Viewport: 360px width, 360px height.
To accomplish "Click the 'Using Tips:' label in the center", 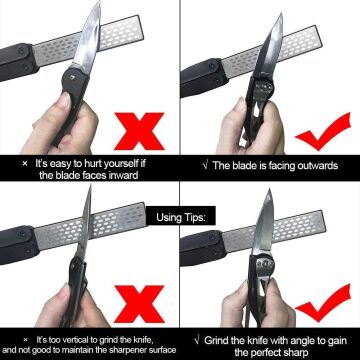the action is pyautogui.click(x=182, y=218).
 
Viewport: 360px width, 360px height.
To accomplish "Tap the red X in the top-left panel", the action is pyautogui.click(x=139, y=131).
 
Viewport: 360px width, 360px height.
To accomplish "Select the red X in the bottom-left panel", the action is pyautogui.click(x=139, y=304).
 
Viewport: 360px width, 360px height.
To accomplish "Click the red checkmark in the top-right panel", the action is pyautogui.click(x=322, y=132).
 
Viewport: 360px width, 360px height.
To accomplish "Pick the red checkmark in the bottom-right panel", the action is pyautogui.click(x=322, y=303).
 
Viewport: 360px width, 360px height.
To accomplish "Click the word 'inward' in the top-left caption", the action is pyautogui.click(x=123, y=175).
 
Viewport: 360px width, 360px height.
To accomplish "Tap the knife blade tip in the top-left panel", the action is pyautogui.click(x=99, y=2).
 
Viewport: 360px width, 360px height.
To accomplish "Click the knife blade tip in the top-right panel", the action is pyautogui.click(x=281, y=14).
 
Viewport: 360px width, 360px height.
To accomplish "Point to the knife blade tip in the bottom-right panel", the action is pyautogui.click(x=269, y=190).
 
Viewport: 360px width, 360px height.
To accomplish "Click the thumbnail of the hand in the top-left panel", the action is pyautogui.click(x=64, y=100).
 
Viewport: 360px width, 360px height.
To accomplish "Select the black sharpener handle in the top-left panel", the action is pyautogui.click(x=17, y=62).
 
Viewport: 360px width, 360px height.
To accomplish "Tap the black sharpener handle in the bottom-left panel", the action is pyautogui.click(x=18, y=245).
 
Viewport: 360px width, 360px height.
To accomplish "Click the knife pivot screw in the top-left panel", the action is pyautogui.click(x=73, y=76).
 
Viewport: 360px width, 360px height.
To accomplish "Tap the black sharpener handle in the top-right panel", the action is pyautogui.click(x=203, y=77).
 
